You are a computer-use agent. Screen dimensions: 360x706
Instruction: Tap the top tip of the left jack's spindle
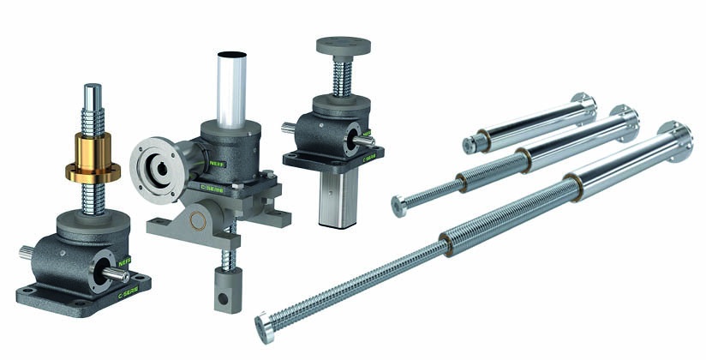click(93, 87)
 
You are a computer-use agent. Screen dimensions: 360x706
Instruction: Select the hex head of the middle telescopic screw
click(399, 205)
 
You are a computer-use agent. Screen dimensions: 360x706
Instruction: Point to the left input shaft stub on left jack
click(27, 250)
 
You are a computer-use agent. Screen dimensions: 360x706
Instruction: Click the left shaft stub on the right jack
click(288, 129)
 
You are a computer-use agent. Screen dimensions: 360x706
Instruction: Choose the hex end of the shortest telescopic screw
click(470, 146)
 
